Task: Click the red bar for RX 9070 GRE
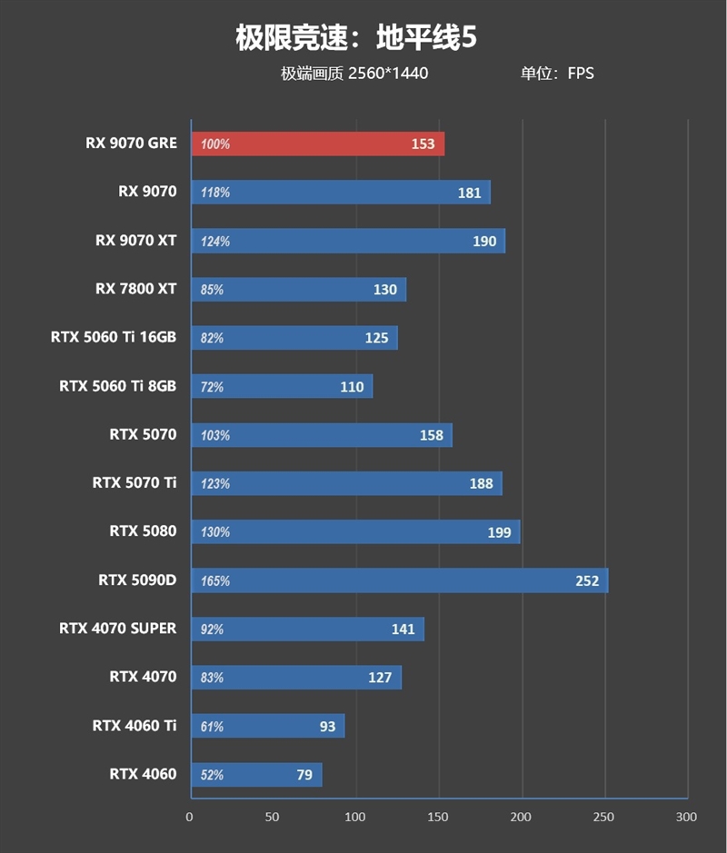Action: [317, 144]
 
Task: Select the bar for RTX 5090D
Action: [399, 580]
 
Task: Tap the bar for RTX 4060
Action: [255, 775]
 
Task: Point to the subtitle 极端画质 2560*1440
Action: [354, 74]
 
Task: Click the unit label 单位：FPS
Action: [557, 74]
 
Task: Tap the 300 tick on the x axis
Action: [687, 817]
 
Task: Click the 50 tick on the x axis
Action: [273, 817]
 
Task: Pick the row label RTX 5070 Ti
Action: [134, 482]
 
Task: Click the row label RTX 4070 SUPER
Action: [118, 628]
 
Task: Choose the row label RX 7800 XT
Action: [135, 289]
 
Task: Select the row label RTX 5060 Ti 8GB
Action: [118, 386]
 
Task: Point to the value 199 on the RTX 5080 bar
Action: [499, 532]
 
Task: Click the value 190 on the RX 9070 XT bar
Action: [484, 241]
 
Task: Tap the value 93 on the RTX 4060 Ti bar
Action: [327, 726]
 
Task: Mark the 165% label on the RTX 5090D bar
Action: [215, 580]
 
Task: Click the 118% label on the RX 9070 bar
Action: [215, 193]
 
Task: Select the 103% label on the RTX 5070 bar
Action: [215, 435]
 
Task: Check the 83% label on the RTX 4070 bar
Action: [213, 678]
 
